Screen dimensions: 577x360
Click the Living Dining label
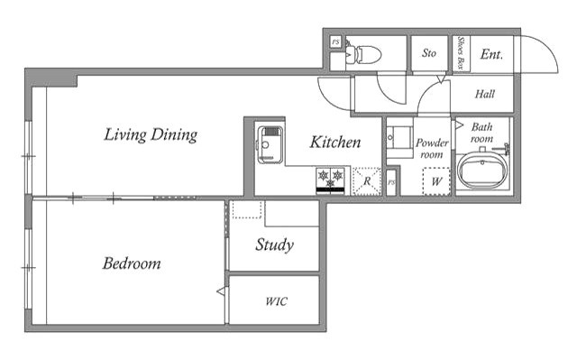click(151, 135)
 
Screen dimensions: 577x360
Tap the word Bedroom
click(132, 263)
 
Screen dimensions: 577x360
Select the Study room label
click(274, 245)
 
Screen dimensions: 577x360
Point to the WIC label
click(277, 302)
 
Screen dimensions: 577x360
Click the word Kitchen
click(335, 143)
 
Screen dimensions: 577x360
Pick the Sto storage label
click(429, 53)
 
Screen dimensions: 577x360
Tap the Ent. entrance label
click(491, 54)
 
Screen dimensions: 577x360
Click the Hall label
click(485, 94)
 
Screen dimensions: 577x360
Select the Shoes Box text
click(461, 54)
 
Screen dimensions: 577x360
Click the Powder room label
click(432, 148)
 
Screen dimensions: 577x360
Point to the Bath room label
click(481, 133)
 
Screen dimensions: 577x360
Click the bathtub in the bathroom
click(482, 171)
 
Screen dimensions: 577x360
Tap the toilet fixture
click(363, 54)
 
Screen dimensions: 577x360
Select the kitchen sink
click(270, 145)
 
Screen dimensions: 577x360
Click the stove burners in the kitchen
click(331, 180)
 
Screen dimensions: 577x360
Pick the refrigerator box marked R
click(367, 180)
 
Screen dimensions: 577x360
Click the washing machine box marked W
click(436, 181)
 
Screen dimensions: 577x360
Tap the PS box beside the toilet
click(335, 42)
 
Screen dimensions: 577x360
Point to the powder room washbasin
click(399, 137)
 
